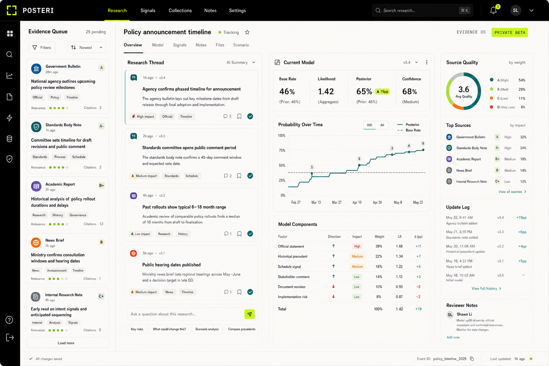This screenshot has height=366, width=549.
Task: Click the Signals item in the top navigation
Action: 148,10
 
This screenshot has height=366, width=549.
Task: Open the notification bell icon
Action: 493,10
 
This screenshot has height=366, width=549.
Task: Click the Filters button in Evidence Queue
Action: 42,47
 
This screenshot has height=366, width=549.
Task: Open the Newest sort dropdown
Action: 86,47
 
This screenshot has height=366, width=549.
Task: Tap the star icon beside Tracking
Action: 247,33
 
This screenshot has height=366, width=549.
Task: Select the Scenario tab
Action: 241,45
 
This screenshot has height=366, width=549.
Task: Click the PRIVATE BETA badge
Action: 510,33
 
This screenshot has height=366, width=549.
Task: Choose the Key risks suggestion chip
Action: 137,329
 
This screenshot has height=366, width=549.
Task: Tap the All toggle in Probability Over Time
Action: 382,125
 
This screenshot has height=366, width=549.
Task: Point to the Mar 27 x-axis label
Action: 336,203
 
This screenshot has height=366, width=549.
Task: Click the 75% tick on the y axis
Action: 282,150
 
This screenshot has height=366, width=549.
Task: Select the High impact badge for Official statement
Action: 357,246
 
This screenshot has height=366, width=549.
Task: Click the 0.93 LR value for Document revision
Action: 399,287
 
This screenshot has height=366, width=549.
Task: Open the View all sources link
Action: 512,192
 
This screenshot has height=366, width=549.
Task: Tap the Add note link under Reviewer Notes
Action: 453,337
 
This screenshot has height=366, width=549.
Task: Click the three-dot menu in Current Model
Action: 427,63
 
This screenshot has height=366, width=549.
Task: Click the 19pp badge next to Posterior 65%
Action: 382,92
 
